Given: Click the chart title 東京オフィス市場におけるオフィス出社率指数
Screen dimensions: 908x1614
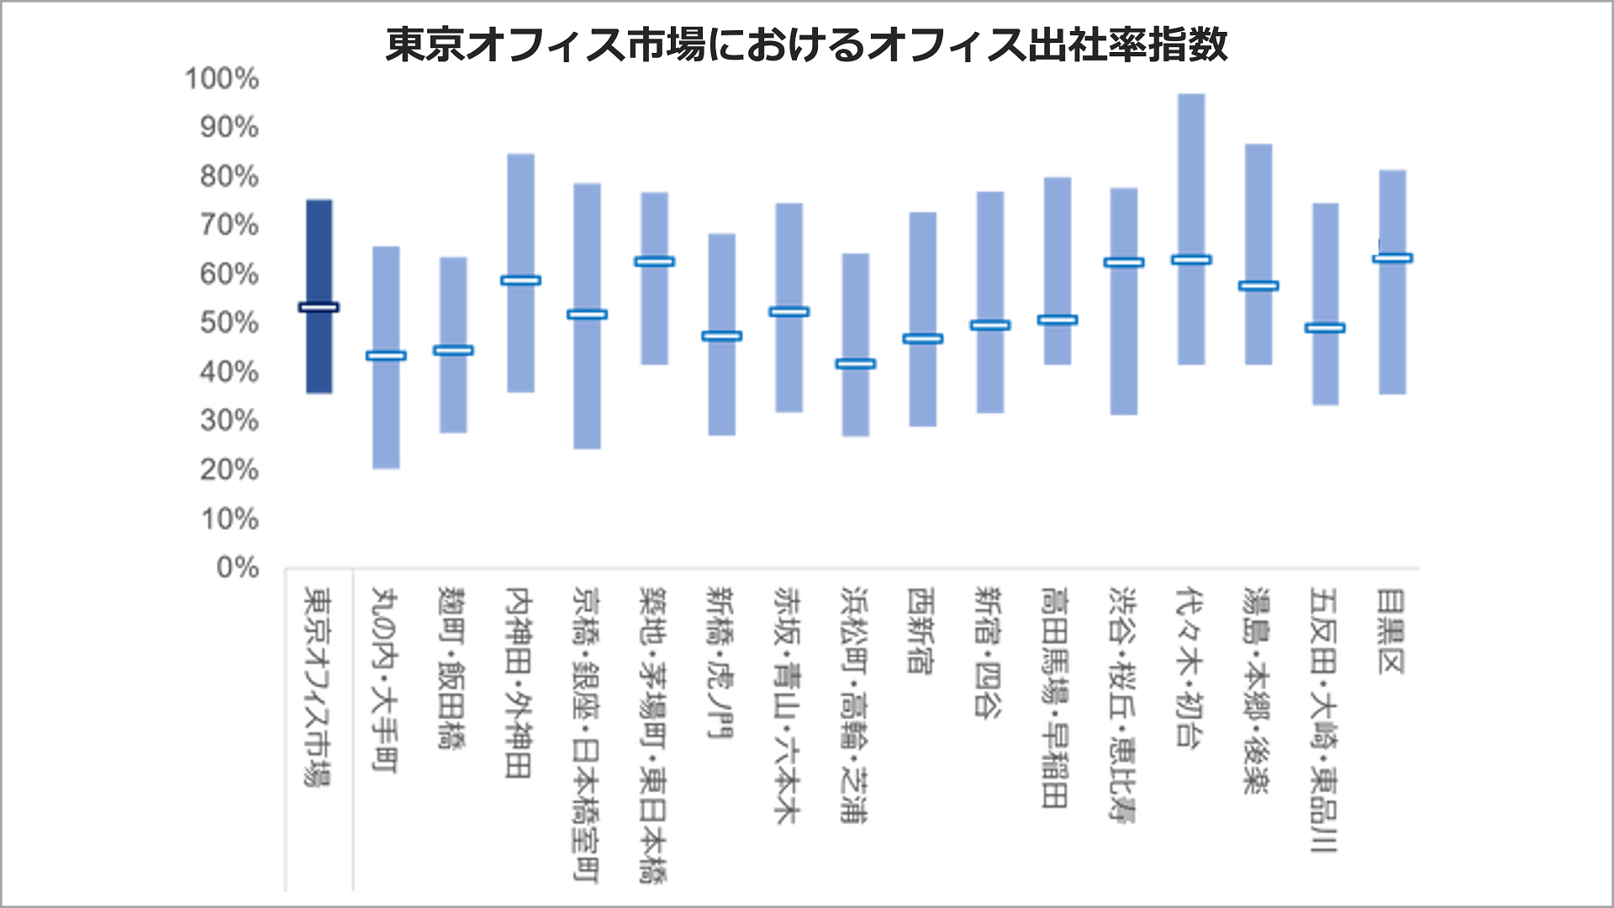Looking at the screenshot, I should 806,45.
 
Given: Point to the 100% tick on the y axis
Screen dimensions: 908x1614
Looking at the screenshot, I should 221,79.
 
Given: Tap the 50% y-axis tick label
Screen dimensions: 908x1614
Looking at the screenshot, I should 229,323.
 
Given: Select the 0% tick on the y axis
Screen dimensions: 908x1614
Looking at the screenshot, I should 237,568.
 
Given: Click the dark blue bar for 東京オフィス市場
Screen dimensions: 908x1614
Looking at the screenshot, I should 319,252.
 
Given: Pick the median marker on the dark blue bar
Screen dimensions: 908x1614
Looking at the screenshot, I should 319,307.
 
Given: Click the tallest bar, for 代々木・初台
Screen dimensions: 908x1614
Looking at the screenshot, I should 1191,168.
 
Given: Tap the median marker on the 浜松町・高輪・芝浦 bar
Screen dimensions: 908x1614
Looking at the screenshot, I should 856,364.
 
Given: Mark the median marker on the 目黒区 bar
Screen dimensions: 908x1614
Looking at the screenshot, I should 1392,258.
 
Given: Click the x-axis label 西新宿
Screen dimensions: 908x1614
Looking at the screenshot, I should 920,630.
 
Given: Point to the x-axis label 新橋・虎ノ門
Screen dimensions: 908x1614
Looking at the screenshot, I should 720,663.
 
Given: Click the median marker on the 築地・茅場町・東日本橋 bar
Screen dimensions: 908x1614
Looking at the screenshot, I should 654,261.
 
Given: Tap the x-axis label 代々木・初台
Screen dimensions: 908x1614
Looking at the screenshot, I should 1189,667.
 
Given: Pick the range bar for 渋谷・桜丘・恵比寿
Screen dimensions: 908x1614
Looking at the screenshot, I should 1124,353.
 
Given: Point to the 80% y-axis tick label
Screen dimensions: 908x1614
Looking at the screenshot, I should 229,176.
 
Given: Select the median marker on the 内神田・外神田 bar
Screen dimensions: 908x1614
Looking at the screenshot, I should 520,281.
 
